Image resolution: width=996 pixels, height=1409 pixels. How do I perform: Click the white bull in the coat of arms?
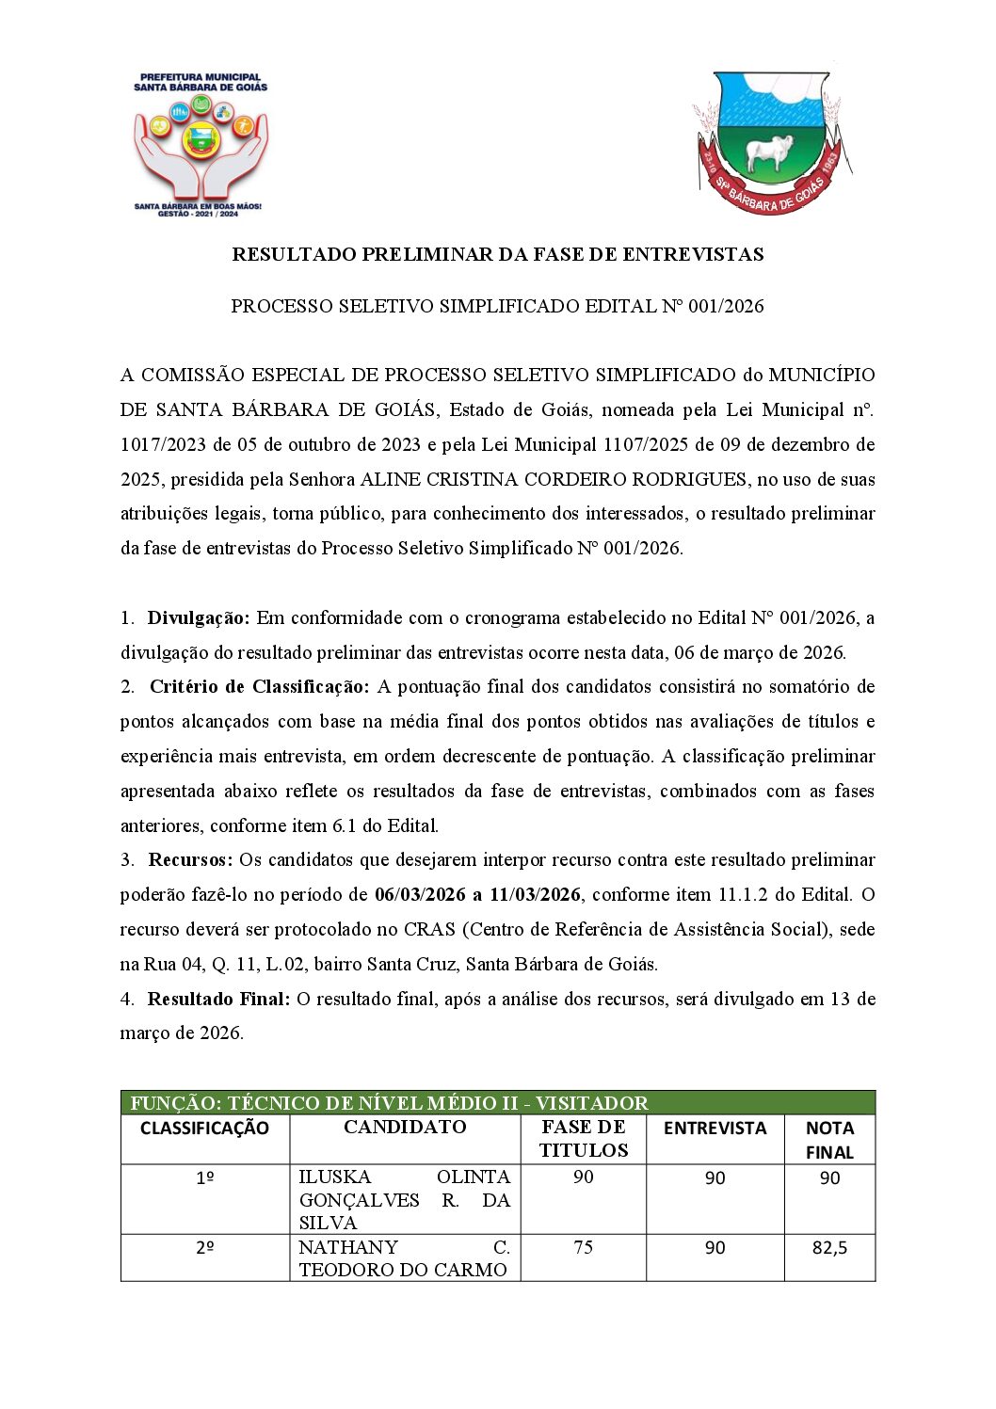pyautogui.click(x=769, y=152)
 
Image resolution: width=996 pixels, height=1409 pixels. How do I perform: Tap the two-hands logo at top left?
pyautogui.click(x=201, y=146)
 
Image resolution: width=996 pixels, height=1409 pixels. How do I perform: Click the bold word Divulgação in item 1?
pyautogui.click(x=199, y=618)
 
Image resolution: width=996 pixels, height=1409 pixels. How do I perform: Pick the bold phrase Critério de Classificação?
pyautogui.click(x=259, y=687)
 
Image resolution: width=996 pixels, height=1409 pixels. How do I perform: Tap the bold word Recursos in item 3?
pyautogui.click(x=190, y=860)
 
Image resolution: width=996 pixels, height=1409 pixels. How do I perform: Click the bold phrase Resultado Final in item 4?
pyautogui.click(x=218, y=1000)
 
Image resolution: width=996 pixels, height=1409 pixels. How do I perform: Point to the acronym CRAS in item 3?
pyautogui.click(x=429, y=930)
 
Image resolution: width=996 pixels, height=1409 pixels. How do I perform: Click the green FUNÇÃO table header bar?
pyautogui.click(x=498, y=1103)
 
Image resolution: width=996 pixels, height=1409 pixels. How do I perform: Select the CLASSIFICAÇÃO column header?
pyautogui.click(x=204, y=1129)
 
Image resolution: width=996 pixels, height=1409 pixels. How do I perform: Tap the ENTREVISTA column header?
pyautogui.click(x=715, y=1129)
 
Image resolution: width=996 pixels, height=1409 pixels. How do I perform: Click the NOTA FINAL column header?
pyautogui.click(x=829, y=1140)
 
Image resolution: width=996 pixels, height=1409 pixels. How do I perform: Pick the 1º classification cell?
pyautogui.click(x=204, y=1178)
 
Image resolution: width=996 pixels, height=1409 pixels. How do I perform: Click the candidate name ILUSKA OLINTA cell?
pyautogui.click(x=404, y=1199)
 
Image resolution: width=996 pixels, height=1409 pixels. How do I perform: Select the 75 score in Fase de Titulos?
pyautogui.click(x=583, y=1247)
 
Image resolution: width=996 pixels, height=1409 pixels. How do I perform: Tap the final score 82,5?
pyautogui.click(x=829, y=1248)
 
